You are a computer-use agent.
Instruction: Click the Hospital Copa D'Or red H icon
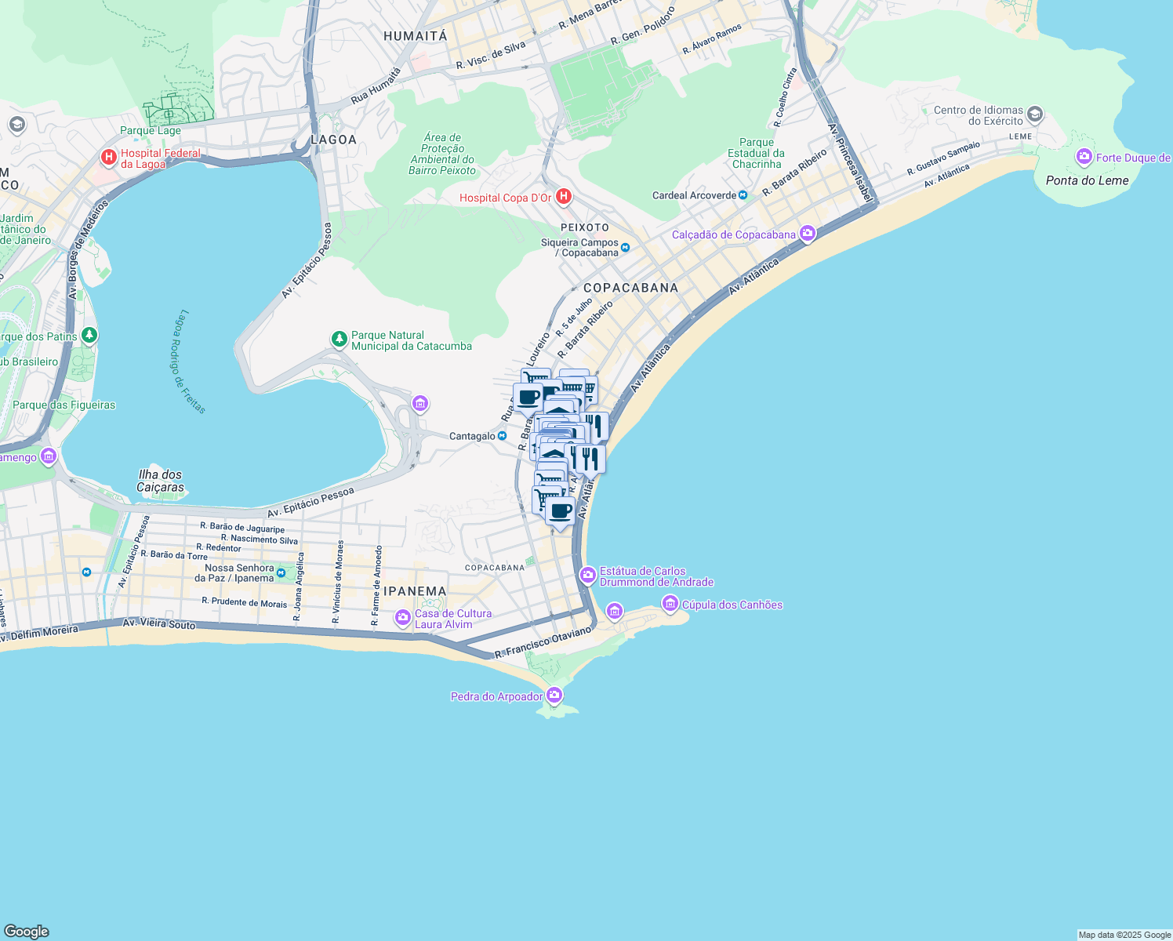point(563,196)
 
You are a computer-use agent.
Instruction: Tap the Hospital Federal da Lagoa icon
point(109,158)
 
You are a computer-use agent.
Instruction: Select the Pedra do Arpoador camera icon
point(554,696)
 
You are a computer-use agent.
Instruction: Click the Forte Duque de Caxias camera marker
point(1084,158)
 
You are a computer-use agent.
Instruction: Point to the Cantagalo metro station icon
point(502,436)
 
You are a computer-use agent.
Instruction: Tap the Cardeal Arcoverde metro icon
point(743,195)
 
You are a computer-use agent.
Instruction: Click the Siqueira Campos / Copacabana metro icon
point(625,248)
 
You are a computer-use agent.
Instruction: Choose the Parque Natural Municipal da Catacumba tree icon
point(339,340)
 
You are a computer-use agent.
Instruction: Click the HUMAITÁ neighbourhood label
point(415,36)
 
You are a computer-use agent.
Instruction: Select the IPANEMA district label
point(415,591)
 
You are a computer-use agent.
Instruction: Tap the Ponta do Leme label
point(1087,180)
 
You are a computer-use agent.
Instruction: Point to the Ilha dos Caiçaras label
point(160,481)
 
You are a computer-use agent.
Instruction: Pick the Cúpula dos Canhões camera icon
point(670,604)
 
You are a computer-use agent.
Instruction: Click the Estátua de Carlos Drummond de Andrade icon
point(588,576)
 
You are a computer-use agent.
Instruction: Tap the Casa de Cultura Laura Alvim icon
point(403,619)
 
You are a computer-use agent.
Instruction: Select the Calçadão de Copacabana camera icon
point(808,234)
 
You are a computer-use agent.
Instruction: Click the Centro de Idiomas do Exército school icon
point(1034,115)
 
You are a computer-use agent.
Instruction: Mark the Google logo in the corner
point(26,932)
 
